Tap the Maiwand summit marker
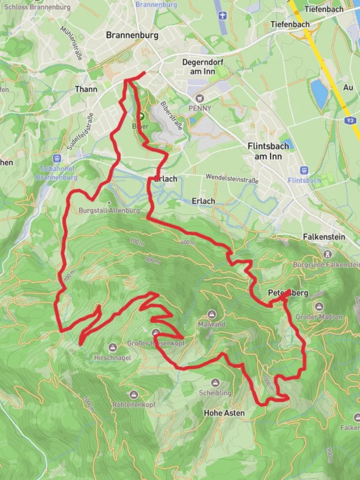pyautogui.click(x=212, y=315)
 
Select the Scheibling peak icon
pyautogui.click(x=216, y=383)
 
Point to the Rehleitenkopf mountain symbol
pyautogui.click(x=133, y=395)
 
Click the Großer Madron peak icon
pyautogui.click(x=319, y=307)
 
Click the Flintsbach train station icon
pyautogui.click(x=304, y=170)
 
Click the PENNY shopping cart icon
pyautogui.click(x=200, y=98)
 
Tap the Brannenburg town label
pyautogui.click(x=132, y=36)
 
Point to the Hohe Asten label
pyautogui.click(x=224, y=413)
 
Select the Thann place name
pyautogui.click(x=86, y=89)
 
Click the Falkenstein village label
pyautogui.click(x=324, y=237)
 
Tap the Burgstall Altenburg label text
pyautogui.click(x=109, y=210)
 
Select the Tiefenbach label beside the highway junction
pyautogui.click(x=290, y=24)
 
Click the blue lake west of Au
pyautogui.click(x=319, y=94)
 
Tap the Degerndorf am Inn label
pyautogui.click(x=203, y=67)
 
